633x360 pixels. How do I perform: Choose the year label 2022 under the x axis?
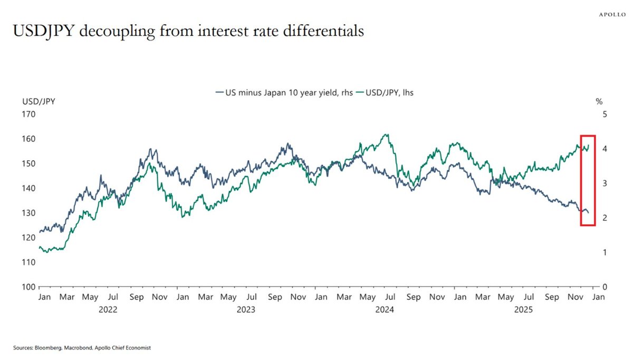tap(108, 310)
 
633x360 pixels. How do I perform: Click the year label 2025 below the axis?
tap(525, 310)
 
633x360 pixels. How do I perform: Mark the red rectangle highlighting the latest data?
tap(588, 180)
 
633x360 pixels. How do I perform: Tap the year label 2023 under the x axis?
tap(246, 310)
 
